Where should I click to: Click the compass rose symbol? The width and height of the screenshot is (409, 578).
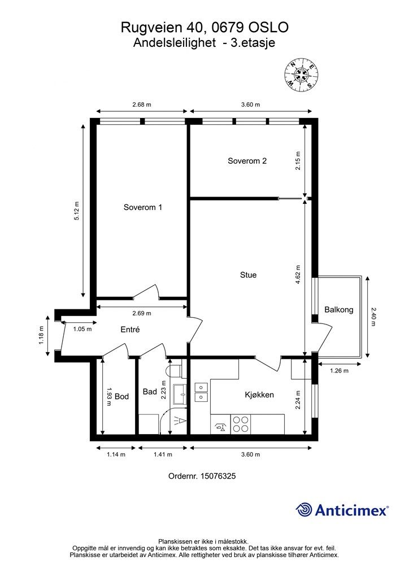[302, 75]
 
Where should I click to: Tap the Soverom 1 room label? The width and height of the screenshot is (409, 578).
[143, 207]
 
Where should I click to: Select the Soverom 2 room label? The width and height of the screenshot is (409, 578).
[247, 161]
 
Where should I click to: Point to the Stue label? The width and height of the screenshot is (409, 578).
[248, 275]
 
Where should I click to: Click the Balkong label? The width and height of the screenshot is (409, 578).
[339, 310]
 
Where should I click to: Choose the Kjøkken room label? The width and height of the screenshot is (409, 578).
[259, 395]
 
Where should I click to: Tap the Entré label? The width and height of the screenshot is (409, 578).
[130, 329]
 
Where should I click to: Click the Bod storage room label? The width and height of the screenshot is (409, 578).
[121, 396]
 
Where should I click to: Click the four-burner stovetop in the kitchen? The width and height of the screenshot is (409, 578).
[241, 424]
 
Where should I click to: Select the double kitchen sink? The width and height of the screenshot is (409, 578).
[201, 392]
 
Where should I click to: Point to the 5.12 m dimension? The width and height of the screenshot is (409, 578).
[77, 211]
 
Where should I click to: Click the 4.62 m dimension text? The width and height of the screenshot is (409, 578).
[298, 275]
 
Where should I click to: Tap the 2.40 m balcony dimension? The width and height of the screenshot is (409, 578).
[373, 317]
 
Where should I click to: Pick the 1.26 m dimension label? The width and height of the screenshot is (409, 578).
[339, 371]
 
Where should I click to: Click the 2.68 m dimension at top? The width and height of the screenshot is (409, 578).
[142, 104]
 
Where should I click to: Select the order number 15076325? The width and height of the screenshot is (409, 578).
[217, 476]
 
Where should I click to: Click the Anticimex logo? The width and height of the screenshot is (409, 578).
[342, 510]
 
